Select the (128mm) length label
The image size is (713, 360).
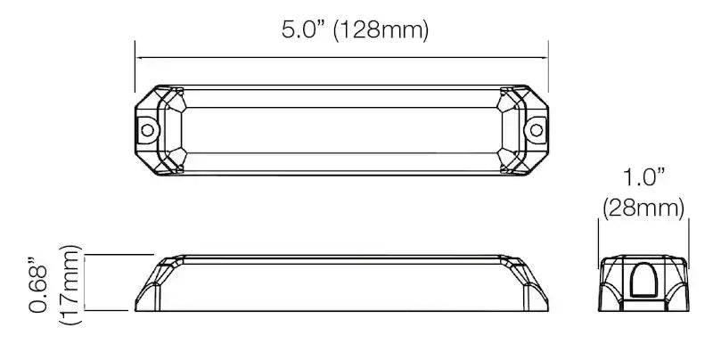coord(382,31)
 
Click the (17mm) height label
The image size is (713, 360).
coord(70,282)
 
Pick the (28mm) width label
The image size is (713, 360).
coord(643,209)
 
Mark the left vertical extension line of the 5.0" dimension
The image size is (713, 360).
coord(135,67)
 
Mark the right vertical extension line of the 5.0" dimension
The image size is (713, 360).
coord(547,67)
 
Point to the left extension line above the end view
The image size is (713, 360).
coord(597,236)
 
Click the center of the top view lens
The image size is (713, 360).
coord(341,129)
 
